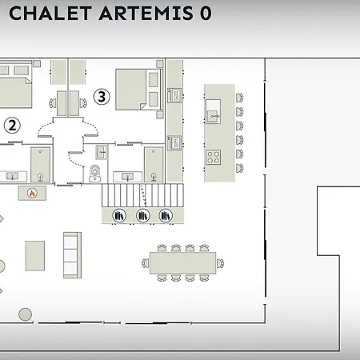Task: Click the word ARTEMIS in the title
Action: click(x=146, y=14)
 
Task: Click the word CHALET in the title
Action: click(x=50, y=14)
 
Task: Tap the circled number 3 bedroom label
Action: click(x=102, y=97)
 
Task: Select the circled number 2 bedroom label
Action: click(x=12, y=125)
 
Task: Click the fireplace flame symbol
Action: click(x=32, y=193)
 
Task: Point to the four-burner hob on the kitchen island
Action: click(x=214, y=157)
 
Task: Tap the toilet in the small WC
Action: click(x=95, y=174)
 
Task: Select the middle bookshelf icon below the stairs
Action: click(x=143, y=215)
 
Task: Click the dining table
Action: click(x=182, y=263)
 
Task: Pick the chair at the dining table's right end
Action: click(x=220, y=263)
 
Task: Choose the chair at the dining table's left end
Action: click(x=146, y=263)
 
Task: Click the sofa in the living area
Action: click(x=72, y=255)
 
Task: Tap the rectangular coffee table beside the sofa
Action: click(x=35, y=256)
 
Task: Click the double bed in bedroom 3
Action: click(x=139, y=90)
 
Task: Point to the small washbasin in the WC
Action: click(x=102, y=152)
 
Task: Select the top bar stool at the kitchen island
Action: click(x=239, y=98)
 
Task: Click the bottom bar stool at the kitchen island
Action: click(x=239, y=168)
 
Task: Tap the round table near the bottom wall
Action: click(x=25, y=314)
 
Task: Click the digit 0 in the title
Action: click(x=206, y=14)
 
